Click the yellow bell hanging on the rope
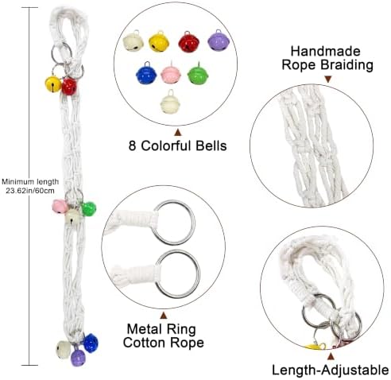tap(53, 83)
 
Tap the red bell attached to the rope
tap(69, 87)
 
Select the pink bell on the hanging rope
tap(60, 207)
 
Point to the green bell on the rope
tap(88, 209)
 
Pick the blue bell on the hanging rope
tap(91, 343)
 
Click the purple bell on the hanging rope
tap(78, 358)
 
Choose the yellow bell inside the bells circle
tap(159, 41)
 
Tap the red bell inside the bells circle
tap(189, 42)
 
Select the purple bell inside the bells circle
tap(219, 41)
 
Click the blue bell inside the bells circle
tap(146, 73)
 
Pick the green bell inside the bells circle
tap(198, 74)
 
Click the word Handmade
tap(326, 51)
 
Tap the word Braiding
tap(346, 65)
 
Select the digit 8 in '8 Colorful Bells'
tap(132, 145)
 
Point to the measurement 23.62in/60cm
tap(30, 191)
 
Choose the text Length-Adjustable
tap(331, 370)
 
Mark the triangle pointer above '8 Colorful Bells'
tap(178, 132)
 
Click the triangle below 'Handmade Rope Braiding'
tap(328, 79)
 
